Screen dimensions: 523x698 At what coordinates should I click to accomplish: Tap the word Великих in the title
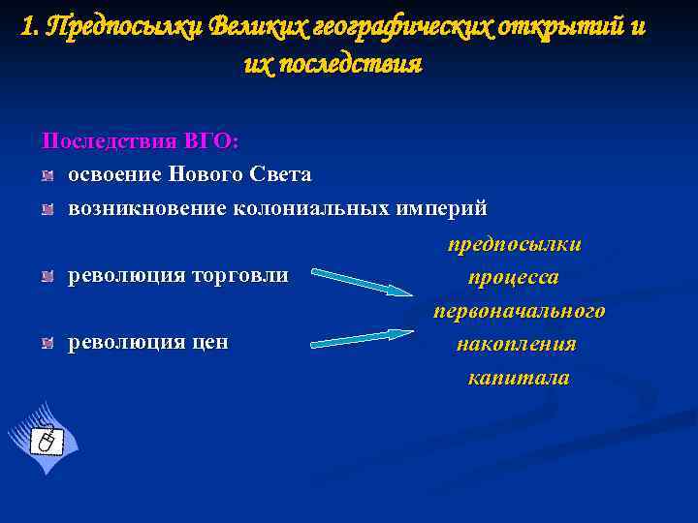click(253, 26)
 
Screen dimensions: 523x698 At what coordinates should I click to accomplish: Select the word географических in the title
click(399, 26)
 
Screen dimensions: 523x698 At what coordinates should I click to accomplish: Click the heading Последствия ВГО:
click(140, 140)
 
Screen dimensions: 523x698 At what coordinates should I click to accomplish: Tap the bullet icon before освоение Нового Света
click(48, 175)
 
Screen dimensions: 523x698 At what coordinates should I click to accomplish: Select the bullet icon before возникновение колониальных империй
click(48, 209)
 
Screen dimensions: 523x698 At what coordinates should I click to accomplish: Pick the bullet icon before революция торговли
click(48, 277)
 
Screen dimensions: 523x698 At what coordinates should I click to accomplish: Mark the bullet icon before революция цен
click(48, 343)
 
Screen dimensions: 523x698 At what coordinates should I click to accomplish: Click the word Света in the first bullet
click(280, 174)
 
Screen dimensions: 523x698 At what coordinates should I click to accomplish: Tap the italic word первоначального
click(519, 311)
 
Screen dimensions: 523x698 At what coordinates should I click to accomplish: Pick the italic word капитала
click(518, 378)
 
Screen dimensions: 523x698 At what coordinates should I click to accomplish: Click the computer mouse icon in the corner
click(44, 441)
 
